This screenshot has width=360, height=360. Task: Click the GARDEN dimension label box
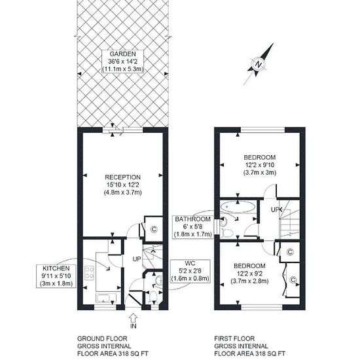[122, 62]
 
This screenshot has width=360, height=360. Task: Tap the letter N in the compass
[259, 64]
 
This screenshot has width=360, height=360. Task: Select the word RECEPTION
[122, 177]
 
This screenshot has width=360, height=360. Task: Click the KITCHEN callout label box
[56, 276]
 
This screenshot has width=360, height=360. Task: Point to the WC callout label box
[190, 271]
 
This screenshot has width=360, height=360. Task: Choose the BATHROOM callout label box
[192, 226]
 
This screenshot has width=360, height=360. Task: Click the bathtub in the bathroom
[238, 207]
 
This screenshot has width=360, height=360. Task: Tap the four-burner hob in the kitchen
[89, 272]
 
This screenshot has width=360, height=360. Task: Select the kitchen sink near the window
[106, 298]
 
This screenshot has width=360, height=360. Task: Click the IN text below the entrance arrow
[134, 326]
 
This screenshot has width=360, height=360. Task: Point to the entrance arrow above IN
[134, 318]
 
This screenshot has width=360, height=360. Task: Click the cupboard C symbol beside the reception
[154, 229]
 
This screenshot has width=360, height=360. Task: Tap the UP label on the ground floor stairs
[137, 259]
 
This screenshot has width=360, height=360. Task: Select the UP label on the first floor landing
[275, 209]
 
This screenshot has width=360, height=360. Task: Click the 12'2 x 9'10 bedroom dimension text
[260, 165]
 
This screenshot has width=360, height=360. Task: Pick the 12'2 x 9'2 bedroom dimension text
[249, 274]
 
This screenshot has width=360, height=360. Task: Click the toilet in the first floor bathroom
[227, 233]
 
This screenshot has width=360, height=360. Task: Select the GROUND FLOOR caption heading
[102, 338]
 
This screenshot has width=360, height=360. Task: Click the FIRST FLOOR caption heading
[234, 338]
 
